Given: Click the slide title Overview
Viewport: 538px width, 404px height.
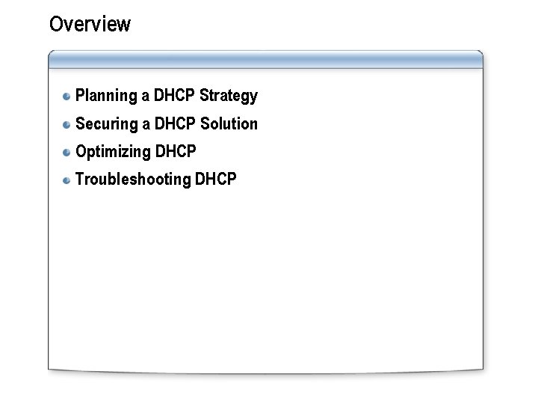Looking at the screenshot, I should pos(90,24).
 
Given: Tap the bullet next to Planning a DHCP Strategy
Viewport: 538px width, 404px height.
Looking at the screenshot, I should pos(67,96).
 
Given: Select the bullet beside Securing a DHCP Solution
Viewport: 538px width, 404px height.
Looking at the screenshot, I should pos(67,124).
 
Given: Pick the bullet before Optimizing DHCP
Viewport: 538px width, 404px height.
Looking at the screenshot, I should pos(67,152).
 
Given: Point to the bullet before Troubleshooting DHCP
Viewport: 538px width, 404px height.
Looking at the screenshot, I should pos(67,180).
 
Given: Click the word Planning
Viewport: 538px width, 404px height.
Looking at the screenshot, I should pos(106,96).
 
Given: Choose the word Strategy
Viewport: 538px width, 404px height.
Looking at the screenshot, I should pos(229,96).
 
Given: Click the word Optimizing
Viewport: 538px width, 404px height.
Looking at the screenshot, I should pos(113,152).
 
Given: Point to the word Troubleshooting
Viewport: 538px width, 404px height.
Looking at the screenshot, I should pos(133,180).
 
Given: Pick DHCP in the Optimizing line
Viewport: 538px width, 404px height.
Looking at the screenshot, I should pos(176,152).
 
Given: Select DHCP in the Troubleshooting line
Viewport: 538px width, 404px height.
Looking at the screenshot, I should pos(216,180).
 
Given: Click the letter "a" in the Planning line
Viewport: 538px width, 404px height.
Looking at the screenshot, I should pos(145,97).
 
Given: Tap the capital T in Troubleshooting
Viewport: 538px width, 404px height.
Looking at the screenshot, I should pos(80,180).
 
